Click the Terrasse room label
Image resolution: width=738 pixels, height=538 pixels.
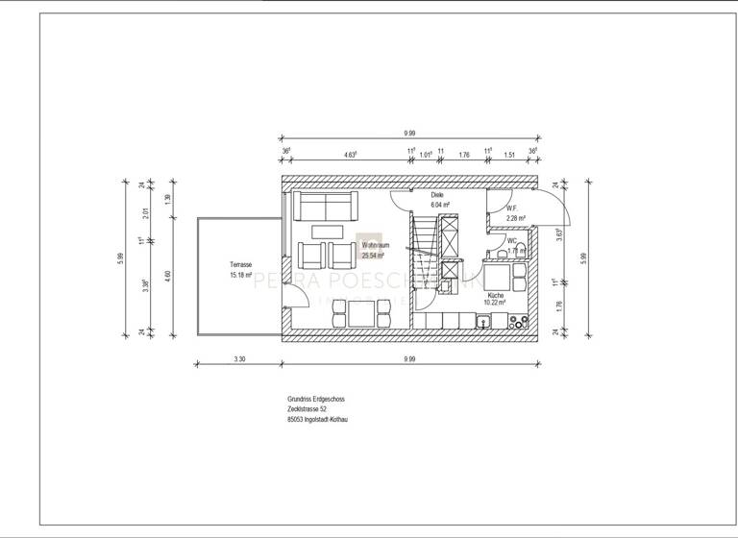click(240, 264)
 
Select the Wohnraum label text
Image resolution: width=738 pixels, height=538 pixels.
click(373, 246)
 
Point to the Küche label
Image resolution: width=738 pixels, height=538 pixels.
click(495, 295)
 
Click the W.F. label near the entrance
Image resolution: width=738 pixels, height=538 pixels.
click(512, 208)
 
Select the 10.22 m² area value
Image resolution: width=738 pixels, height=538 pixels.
click(496, 304)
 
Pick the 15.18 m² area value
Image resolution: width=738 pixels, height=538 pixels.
click(240, 275)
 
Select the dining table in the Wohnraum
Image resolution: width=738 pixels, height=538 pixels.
click(362, 312)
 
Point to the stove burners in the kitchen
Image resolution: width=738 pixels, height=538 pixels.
click(520, 319)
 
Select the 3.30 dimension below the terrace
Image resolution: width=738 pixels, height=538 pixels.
click(238, 357)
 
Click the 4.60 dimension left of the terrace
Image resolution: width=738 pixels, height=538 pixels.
click(167, 276)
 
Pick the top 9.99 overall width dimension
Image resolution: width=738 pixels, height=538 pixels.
click(409, 134)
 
